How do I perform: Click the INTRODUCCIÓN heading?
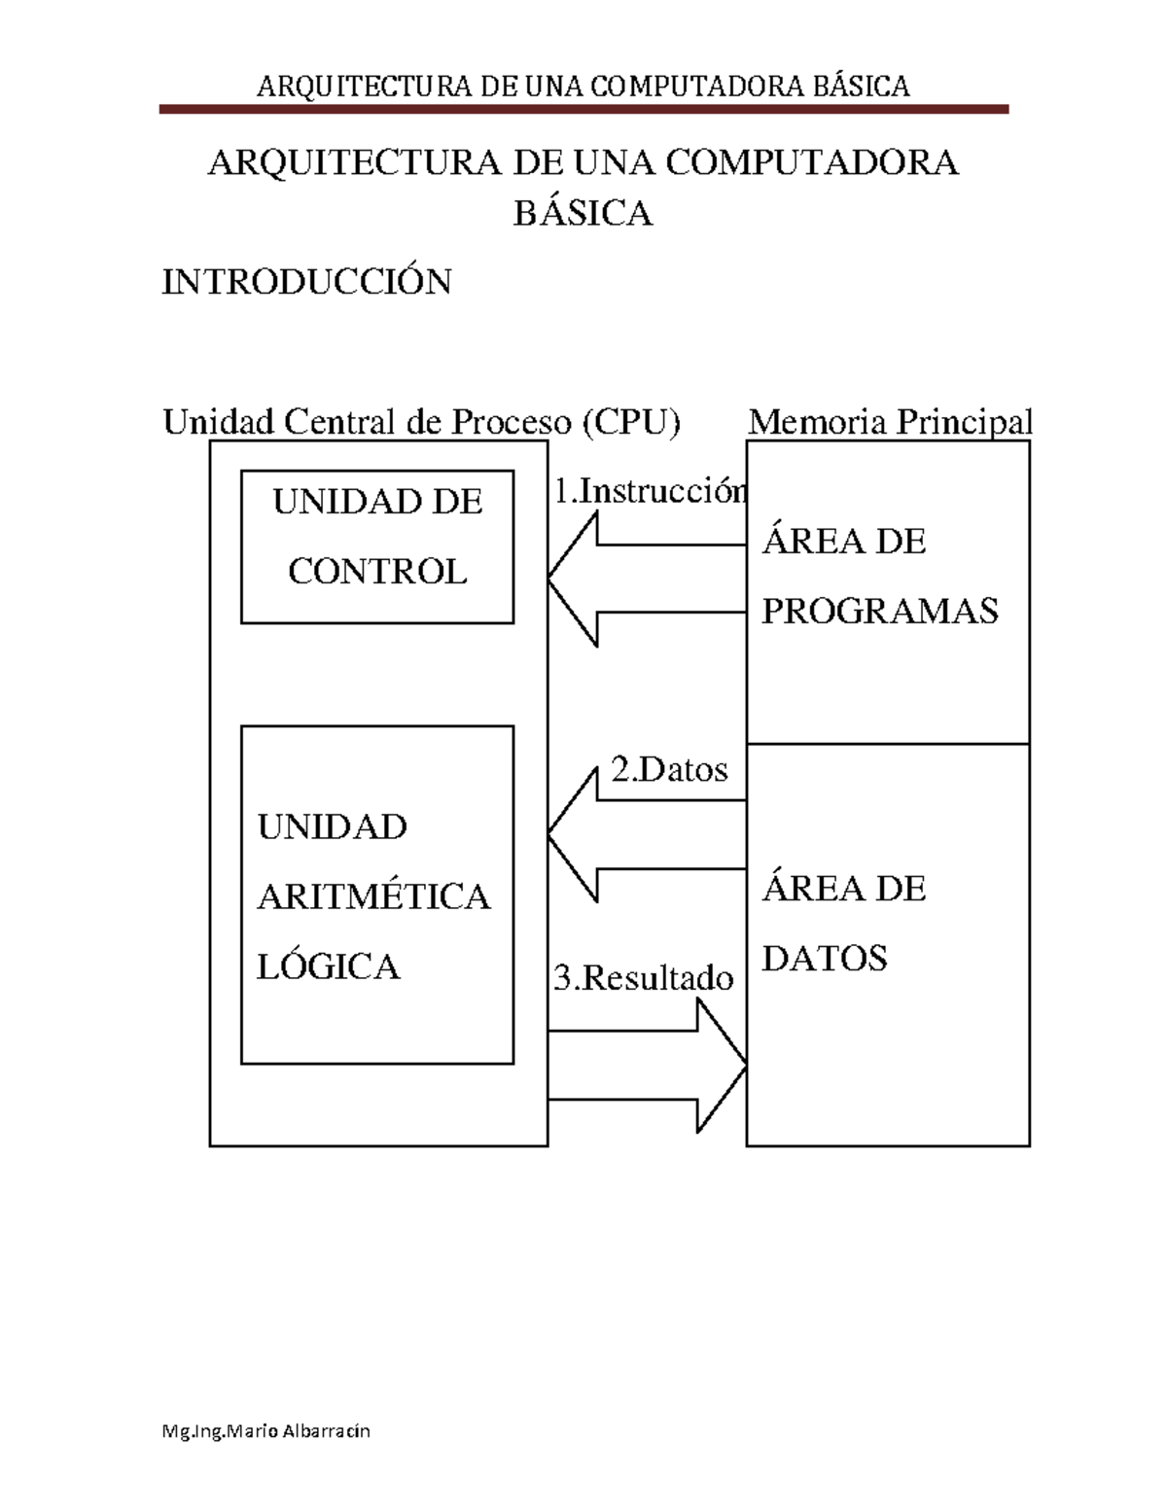306,282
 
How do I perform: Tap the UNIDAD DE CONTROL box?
377,546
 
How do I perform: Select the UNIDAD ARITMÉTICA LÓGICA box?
377,895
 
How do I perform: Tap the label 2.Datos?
669,770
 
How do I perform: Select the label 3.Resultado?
643,977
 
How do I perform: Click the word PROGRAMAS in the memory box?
879,611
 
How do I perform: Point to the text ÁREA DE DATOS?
843,924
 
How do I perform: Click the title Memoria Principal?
889,422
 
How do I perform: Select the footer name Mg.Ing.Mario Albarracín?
266,1431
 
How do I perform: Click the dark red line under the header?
583,110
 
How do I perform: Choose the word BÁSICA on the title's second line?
583,213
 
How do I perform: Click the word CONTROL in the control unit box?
377,571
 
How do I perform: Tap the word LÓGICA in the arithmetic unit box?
328,966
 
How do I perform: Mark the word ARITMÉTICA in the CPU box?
373,896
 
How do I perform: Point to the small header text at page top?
583,87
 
